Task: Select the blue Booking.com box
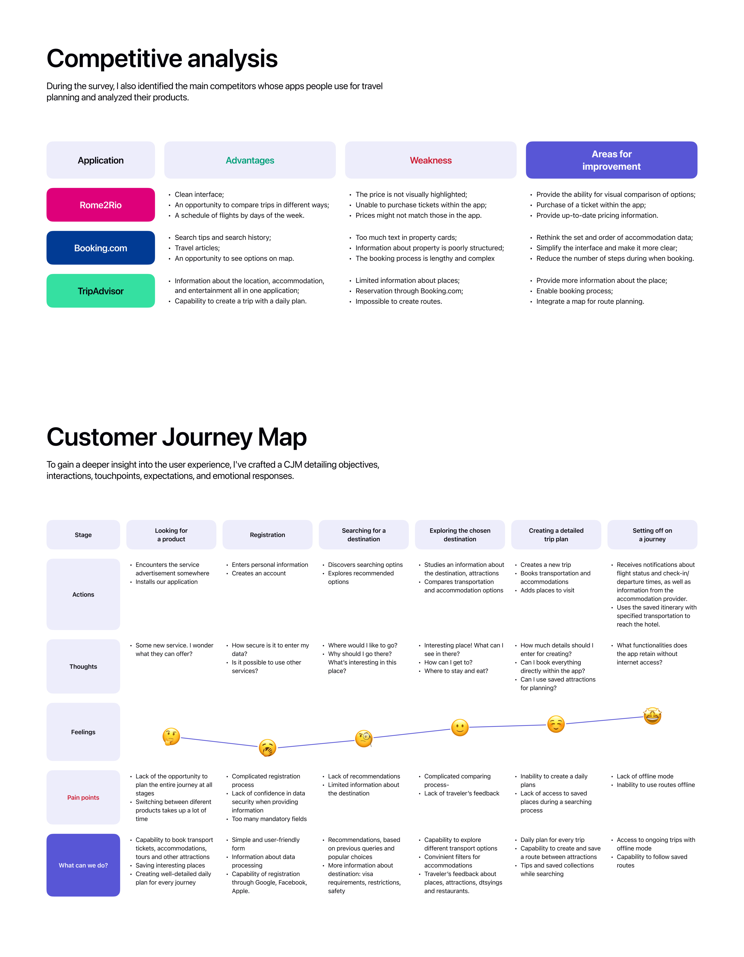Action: coord(100,248)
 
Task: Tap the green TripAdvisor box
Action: coord(100,291)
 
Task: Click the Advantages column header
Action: coord(250,160)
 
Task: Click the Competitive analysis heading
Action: coord(162,59)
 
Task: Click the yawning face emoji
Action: coord(267,748)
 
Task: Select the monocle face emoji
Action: coord(364,739)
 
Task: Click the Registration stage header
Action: coord(267,535)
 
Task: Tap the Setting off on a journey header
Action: coord(652,535)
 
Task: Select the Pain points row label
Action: coord(83,798)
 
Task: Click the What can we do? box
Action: coord(83,865)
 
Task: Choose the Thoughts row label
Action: coord(83,666)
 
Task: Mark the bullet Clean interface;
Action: coord(199,195)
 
